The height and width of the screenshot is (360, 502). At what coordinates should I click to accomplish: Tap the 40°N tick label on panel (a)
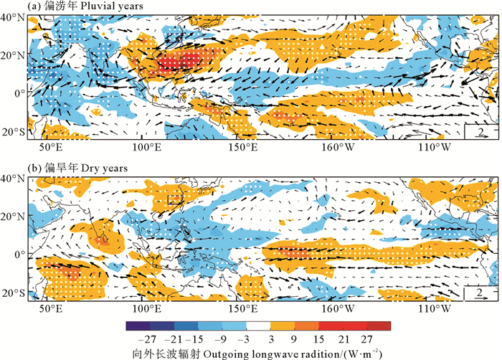pyautogui.click(x=14, y=16)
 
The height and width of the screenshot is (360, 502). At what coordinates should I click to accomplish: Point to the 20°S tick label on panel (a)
pyautogui.click(x=14, y=133)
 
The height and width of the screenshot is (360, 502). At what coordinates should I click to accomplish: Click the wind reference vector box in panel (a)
pyautogui.click(x=480, y=131)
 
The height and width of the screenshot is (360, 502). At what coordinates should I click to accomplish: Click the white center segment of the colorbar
pyautogui.click(x=258, y=326)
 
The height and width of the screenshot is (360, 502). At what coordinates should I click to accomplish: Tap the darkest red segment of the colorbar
pyautogui.click(x=382, y=326)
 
